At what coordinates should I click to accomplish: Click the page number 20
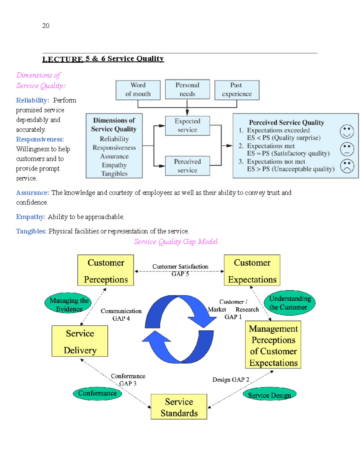[46, 26]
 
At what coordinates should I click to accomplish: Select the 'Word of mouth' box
[138, 90]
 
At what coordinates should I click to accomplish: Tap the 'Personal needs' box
[187, 89]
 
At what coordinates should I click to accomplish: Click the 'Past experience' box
[237, 90]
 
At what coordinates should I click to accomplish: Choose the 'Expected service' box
[187, 126]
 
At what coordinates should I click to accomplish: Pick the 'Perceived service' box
[187, 166]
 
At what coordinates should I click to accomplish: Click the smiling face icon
[347, 132]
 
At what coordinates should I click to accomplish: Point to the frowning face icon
[347, 166]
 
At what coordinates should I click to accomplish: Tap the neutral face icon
[347, 149]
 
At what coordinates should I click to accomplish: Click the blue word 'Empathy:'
[31, 217]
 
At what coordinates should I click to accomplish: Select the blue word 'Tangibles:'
[31, 231]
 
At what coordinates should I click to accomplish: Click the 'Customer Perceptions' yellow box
[106, 270]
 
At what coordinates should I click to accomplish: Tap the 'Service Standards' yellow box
[179, 407]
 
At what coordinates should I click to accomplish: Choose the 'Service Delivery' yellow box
[80, 341]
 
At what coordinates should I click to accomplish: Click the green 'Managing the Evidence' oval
[68, 303]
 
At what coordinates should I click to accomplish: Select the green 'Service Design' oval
[269, 394]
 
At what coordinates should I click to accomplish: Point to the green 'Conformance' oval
[97, 393]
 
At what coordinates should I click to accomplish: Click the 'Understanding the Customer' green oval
[290, 303]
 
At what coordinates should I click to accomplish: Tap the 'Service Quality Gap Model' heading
[175, 242]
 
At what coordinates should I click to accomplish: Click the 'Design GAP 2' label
[231, 380]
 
